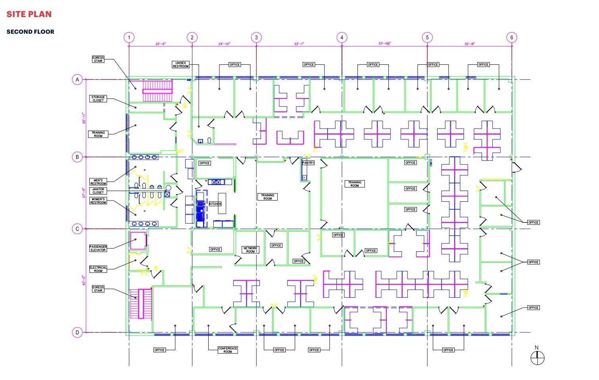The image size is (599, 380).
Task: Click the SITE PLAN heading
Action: (29, 14)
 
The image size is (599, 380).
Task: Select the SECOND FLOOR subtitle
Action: (30, 32)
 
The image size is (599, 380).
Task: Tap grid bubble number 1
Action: (129, 38)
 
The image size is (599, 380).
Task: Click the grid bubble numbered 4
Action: (342, 38)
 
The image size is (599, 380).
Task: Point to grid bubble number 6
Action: (511, 38)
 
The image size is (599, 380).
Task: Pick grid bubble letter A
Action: (77, 80)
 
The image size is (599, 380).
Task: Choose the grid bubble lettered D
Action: (77, 332)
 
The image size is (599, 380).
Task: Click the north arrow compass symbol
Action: (537, 358)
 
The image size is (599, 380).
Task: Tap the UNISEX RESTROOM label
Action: (180, 65)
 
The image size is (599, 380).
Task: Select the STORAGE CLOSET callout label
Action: (98, 99)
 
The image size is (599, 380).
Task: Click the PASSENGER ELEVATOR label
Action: (98, 248)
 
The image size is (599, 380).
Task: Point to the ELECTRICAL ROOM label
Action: (98, 269)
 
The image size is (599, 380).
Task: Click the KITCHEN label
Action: (215, 204)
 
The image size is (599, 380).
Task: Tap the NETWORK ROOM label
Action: (250, 250)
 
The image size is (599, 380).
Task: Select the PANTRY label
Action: (308, 163)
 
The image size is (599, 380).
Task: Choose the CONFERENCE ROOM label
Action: (228, 350)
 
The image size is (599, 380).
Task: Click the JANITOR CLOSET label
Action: (98, 191)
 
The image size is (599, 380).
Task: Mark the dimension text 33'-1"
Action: (299, 44)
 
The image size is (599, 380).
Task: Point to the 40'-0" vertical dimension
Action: (84, 280)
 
